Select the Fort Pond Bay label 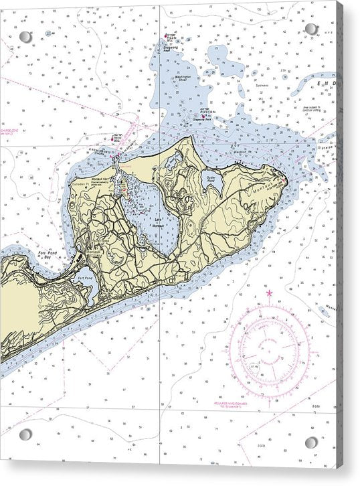coord(49,255)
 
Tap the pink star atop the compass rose coord(270,293)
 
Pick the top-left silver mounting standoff coord(25,37)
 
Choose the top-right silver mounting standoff coord(311,29)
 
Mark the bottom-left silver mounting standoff coord(25,435)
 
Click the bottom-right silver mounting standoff coord(312,442)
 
